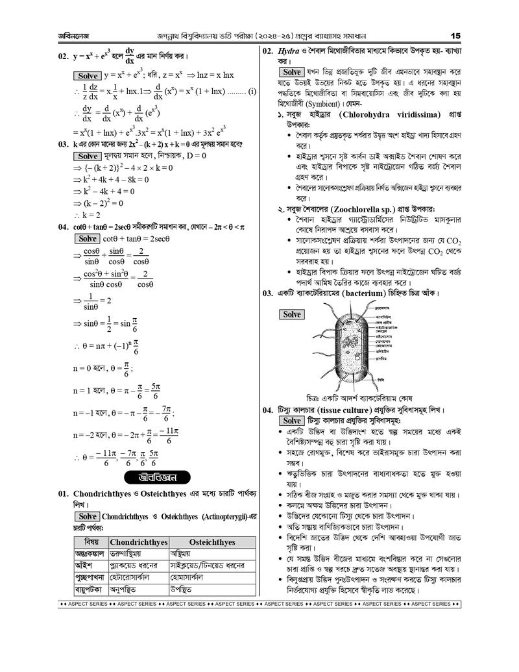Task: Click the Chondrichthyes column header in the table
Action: [x=139, y=541]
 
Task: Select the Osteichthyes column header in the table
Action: [x=211, y=541]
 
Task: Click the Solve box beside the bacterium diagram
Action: [x=291, y=314]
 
